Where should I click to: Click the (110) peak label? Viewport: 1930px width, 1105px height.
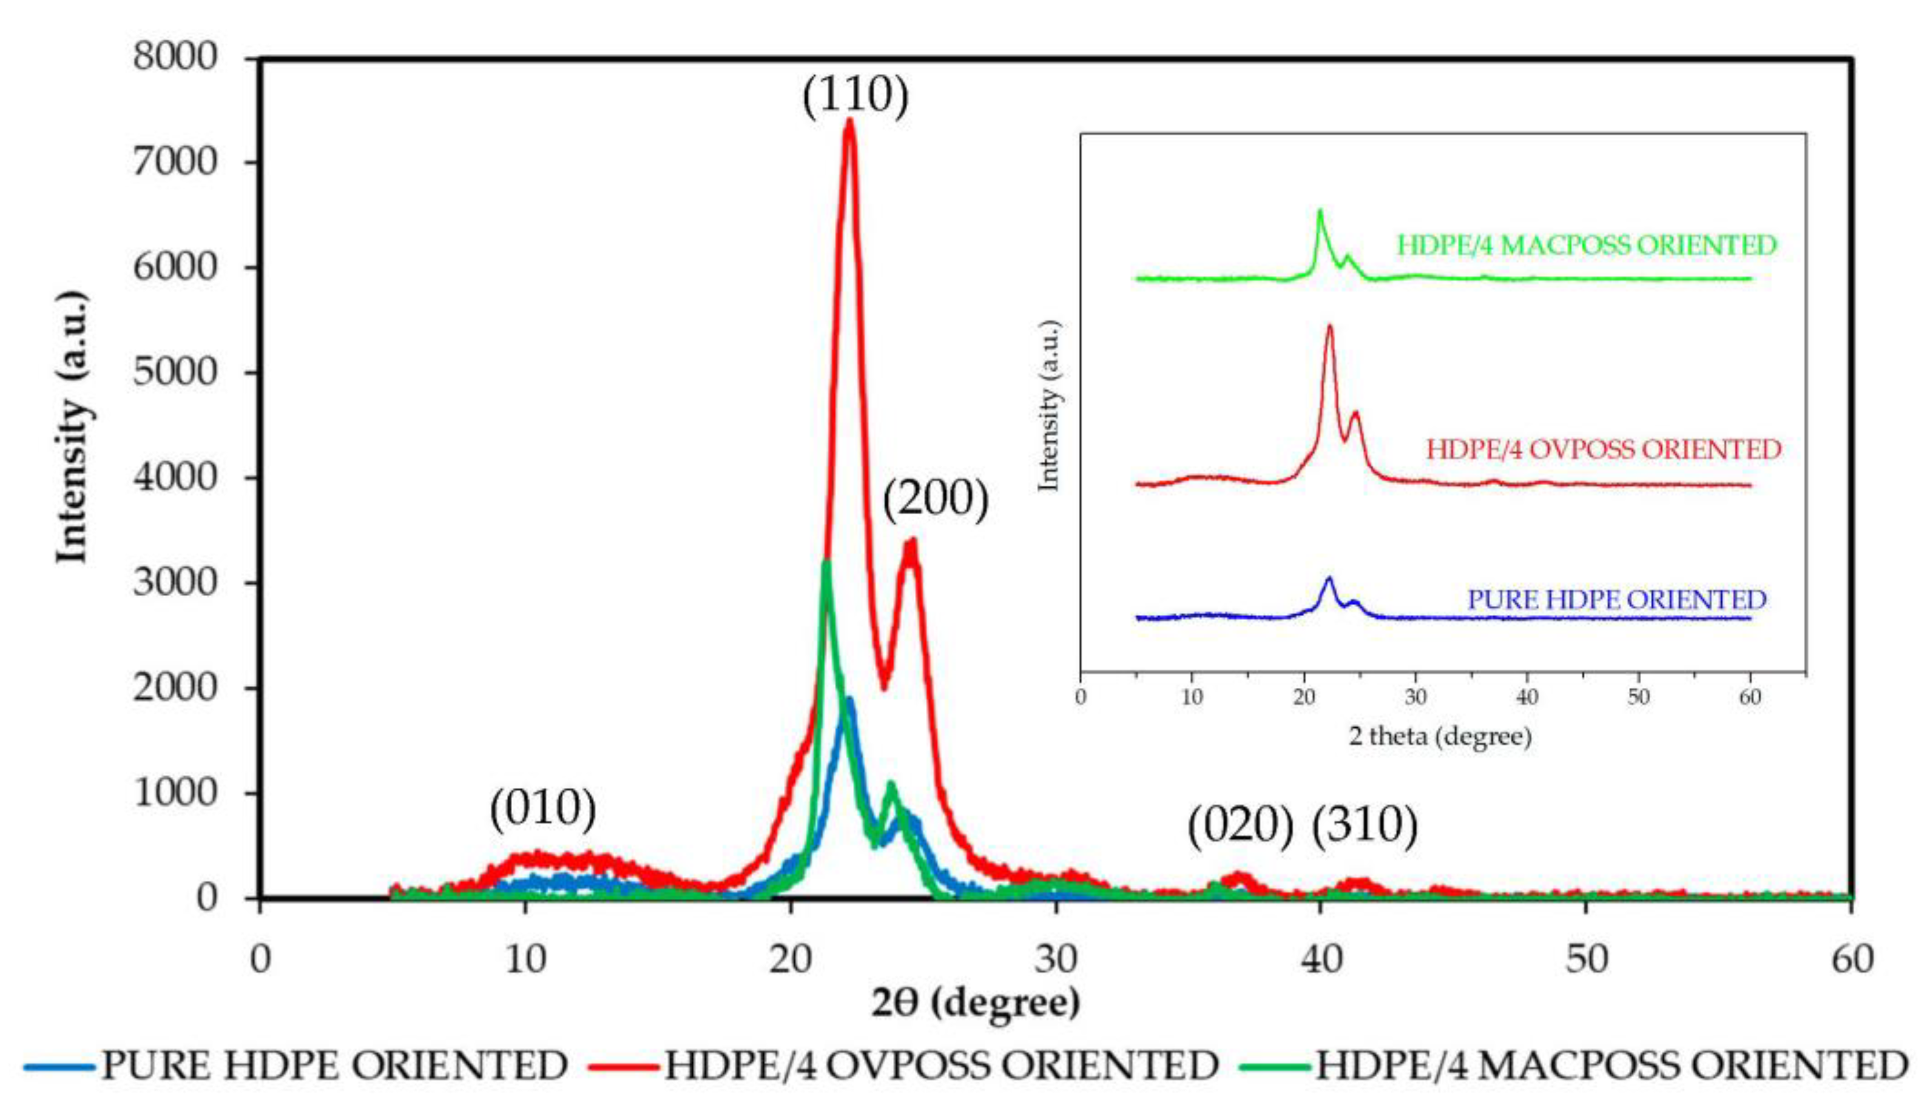[x=855, y=96]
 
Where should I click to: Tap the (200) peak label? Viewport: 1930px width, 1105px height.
[x=936, y=500]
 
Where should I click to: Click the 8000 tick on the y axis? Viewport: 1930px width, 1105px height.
[x=175, y=57]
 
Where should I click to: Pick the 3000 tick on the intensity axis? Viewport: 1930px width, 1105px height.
[x=175, y=583]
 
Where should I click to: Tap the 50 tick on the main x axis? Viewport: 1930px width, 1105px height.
[x=1587, y=959]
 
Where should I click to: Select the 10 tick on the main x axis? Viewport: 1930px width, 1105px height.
[x=525, y=959]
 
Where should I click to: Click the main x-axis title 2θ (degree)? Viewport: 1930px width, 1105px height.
[x=976, y=1003]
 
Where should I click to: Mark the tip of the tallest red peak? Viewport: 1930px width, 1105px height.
[x=849, y=121]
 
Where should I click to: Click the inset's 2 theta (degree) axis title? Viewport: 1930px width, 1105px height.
[x=1440, y=736]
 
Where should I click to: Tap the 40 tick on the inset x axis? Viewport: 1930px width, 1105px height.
[x=1527, y=696]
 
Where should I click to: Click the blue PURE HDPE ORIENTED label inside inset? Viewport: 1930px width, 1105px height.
[x=1616, y=600]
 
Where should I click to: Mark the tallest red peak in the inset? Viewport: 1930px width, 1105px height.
[x=1329, y=326]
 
